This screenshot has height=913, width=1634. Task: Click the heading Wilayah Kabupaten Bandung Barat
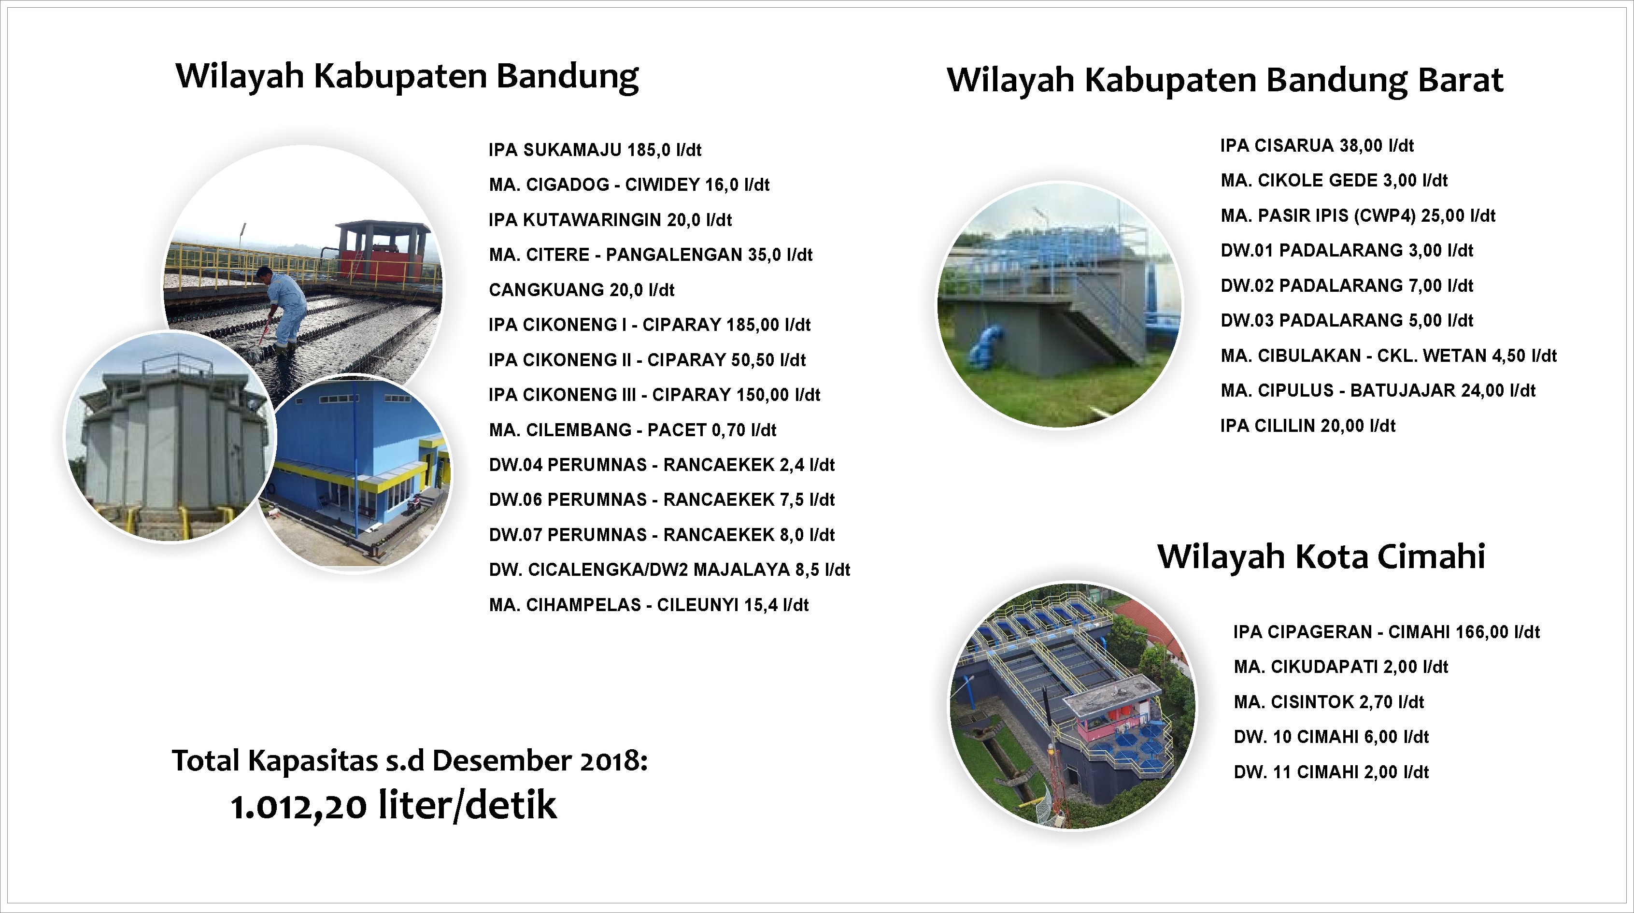(1225, 81)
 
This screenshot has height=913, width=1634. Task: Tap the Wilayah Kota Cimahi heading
(1321, 556)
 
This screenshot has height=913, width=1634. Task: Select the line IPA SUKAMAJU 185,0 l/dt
(595, 150)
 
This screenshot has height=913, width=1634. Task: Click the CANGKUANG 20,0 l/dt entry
(582, 290)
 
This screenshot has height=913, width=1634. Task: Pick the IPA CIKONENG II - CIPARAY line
(647, 360)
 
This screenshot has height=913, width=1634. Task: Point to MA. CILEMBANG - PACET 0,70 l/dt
(632, 430)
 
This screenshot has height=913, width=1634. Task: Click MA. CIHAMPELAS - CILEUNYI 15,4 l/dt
(649, 605)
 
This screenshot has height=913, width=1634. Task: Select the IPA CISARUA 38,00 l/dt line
(1317, 145)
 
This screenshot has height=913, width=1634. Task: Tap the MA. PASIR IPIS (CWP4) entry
(1358, 216)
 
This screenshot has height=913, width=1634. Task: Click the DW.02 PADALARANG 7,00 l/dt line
(1347, 285)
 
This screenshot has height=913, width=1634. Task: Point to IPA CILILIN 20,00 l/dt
(1308, 426)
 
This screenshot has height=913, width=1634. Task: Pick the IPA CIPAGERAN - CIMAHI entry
(1387, 632)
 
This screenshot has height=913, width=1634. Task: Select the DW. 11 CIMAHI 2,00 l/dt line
(1332, 772)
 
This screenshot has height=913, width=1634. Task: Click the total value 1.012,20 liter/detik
(393, 806)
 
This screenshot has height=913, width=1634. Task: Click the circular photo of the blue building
(355, 472)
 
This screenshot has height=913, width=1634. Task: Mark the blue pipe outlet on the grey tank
(985, 346)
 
